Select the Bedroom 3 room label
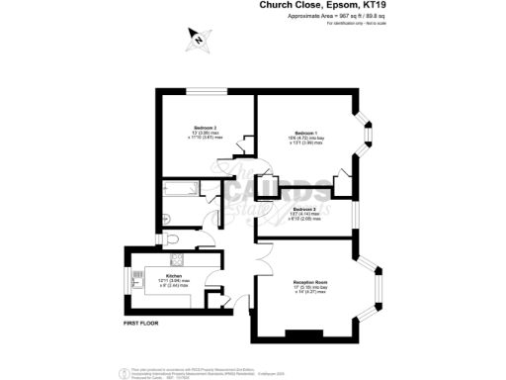click(303, 210)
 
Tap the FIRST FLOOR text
click(142, 324)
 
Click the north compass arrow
click(197, 40)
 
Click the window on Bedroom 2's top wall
click(205, 92)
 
